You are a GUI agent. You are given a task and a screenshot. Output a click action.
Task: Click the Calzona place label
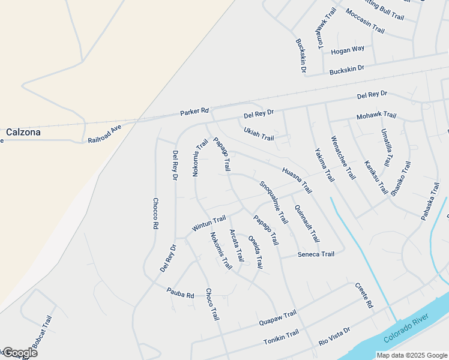(x=23, y=133)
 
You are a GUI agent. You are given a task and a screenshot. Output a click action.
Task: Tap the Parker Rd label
(x=194, y=112)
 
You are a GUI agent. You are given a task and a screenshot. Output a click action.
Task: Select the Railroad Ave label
(x=104, y=133)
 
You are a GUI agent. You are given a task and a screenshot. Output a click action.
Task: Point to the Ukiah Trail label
(x=259, y=134)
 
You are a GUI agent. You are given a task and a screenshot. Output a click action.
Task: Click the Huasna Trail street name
(x=297, y=179)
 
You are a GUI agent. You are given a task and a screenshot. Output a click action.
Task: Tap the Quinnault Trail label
(x=306, y=223)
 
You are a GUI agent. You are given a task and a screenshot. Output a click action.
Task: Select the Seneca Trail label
(x=316, y=254)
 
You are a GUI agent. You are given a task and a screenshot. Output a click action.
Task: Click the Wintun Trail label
(x=208, y=223)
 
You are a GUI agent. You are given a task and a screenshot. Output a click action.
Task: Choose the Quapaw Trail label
(x=278, y=318)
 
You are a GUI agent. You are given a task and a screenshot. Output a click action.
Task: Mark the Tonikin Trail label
(x=281, y=338)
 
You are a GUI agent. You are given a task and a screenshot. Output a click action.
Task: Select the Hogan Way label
(x=348, y=50)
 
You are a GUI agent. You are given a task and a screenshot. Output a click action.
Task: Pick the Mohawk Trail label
(x=376, y=115)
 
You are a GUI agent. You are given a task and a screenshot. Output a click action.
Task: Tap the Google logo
(x=19, y=353)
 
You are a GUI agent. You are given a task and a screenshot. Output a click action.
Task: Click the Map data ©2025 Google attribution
(x=412, y=355)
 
